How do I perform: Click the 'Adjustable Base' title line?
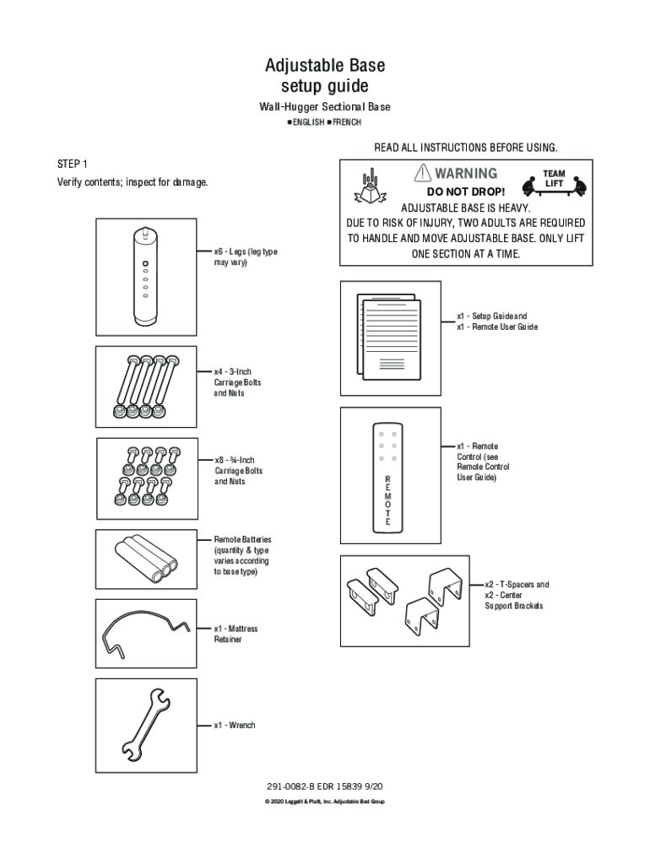pos(325,65)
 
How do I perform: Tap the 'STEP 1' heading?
pos(72,163)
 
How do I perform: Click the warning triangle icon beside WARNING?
pos(421,173)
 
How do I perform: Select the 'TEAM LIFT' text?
pos(554,179)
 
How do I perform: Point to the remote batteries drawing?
pos(146,558)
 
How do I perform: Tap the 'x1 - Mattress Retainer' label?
pos(236,634)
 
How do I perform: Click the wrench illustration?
pos(146,724)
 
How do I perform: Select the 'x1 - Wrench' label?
pos(235,725)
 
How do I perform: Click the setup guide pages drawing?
pos(389,337)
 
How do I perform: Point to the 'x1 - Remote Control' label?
pos(483,462)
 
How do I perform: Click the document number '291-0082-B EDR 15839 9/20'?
pos(324,786)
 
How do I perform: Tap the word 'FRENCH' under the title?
pos(346,122)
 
